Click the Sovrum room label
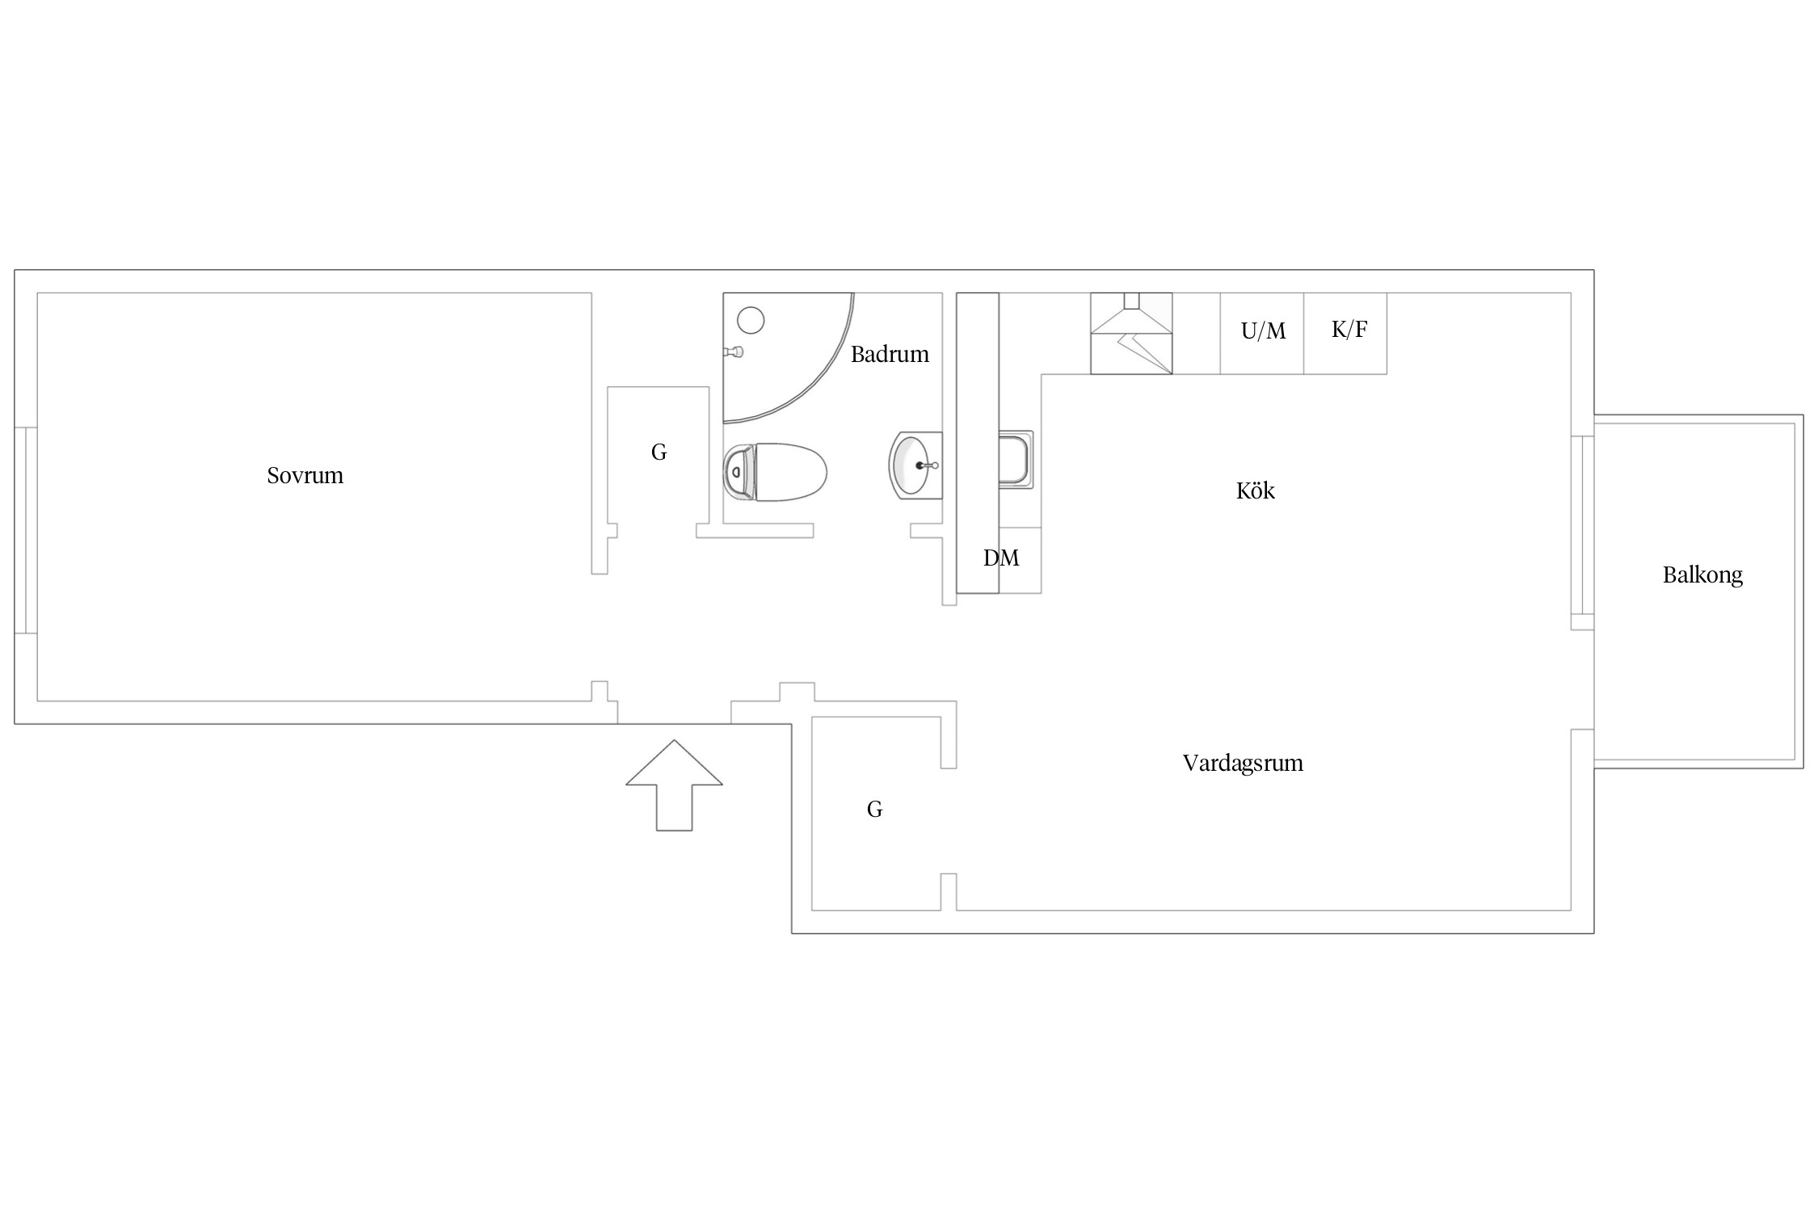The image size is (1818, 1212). [305, 475]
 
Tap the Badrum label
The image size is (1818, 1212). [890, 354]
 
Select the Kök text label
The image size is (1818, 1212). [1255, 490]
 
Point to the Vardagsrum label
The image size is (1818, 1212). [1243, 764]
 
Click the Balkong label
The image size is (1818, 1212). [1702, 575]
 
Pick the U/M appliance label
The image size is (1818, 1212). [1263, 330]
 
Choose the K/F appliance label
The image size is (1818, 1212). [1349, 330]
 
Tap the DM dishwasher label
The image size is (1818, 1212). [1001, 558]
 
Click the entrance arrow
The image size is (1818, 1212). [674, 785]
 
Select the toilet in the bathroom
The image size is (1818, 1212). [775, 472]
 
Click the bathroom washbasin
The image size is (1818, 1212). [916, 465]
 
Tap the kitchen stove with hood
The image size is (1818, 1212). [1131, 334]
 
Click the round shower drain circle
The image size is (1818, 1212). [751, 321]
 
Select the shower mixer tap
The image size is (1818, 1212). [734, 351]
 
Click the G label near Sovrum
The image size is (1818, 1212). [659, 452]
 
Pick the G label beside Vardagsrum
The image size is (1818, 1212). [874, 809]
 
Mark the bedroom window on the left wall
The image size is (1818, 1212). [26, 530]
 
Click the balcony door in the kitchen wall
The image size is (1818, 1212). [1582, 533]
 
